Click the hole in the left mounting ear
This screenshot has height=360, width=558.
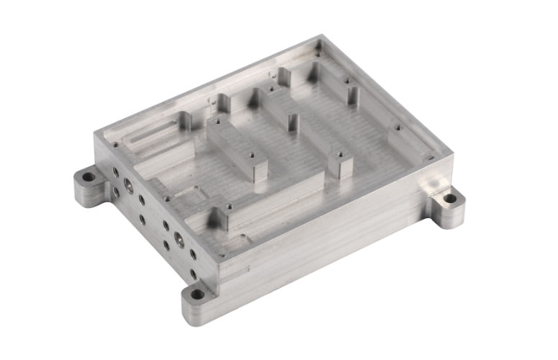88,176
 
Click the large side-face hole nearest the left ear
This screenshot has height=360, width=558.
127,185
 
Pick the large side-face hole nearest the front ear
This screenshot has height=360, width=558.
176,238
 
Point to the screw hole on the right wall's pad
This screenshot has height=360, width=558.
398,130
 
